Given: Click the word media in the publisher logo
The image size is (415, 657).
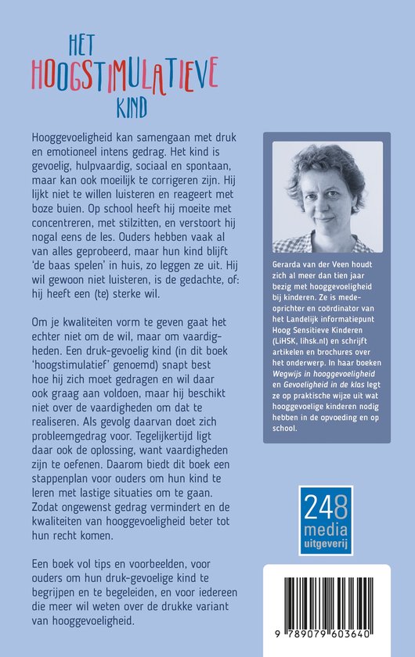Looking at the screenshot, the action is (325, 522).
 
